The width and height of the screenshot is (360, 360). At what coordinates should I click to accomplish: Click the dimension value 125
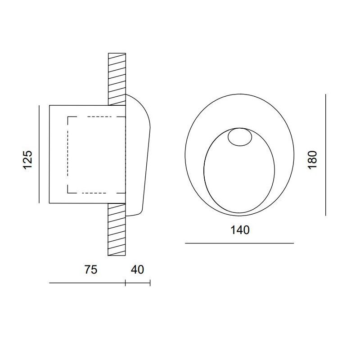(x=28, y=160)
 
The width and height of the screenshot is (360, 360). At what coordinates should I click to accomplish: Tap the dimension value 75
(x=91, y=270)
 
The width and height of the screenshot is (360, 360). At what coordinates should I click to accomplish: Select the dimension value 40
(x=137, y=270)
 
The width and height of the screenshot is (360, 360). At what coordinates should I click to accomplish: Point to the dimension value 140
(x=239, y=230)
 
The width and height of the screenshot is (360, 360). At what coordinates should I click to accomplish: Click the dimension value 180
(x=313, y=160)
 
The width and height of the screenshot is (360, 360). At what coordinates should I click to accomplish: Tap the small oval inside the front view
(x=239, y=137)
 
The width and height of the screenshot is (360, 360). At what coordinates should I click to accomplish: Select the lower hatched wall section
(x=117, y=229)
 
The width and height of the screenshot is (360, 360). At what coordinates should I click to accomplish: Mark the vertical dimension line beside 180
(x=326, y=154)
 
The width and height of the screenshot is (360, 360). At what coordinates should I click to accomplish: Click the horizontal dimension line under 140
(x=239, y=243)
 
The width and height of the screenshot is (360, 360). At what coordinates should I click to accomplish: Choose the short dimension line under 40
(x=138, y=283)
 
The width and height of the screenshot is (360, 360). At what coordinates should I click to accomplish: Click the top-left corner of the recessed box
(x=49, y=105)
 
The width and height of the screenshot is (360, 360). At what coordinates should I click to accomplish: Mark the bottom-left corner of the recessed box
(x=49, y=203)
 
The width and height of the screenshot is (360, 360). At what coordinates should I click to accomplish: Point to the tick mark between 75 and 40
(x=125, y=283)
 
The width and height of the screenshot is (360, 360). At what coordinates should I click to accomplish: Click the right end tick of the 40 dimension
(x=150, y=283)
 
